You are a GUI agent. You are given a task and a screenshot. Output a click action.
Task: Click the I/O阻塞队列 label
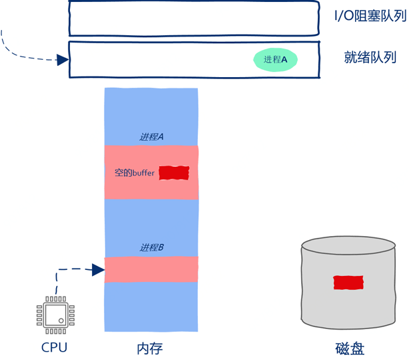370,16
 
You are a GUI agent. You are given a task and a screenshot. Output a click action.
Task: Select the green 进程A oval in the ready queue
275,60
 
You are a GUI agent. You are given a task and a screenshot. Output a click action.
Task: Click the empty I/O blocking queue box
193,19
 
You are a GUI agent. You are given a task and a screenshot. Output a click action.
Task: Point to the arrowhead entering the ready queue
63,60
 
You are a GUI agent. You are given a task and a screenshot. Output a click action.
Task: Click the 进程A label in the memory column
152,137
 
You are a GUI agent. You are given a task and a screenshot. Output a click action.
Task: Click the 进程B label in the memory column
152,247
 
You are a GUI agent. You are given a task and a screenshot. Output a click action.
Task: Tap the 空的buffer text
135,173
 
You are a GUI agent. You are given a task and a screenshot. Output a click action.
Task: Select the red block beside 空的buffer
175,173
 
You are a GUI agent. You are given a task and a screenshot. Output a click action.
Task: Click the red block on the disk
348,282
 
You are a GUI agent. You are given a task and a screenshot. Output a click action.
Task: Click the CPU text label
55,347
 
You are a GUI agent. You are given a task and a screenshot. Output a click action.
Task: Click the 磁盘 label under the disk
350,348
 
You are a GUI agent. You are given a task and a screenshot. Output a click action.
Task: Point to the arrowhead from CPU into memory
99,269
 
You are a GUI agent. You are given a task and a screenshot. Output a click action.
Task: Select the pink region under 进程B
152,269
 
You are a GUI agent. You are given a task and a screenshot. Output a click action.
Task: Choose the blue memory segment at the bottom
152,306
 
